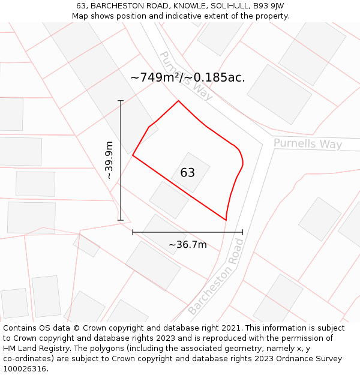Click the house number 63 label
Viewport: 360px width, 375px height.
187,173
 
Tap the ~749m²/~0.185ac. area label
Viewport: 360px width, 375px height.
187,77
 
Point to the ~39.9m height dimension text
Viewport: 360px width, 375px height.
109,160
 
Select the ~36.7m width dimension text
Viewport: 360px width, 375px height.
187,245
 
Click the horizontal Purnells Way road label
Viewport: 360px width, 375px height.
308,144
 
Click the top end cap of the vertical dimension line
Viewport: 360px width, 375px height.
121,101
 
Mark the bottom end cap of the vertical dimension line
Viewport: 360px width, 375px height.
121,220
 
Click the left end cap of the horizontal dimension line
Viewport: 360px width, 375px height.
133,232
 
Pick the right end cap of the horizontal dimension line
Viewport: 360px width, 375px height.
243,232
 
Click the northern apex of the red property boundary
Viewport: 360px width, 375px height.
178,101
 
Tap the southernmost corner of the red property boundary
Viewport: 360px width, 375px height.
226,220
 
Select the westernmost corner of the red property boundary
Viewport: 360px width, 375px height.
133,155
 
